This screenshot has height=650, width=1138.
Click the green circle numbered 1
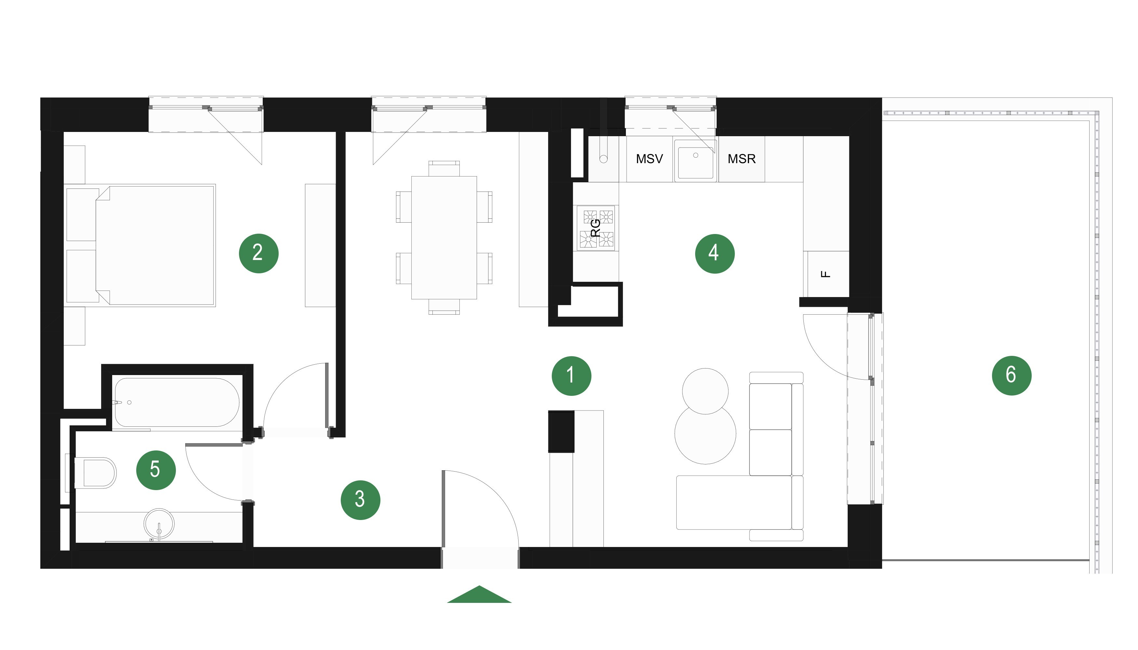click(571, 376)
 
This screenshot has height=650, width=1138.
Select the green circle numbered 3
click(361, 500)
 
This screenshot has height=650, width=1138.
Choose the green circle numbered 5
click(156, 470)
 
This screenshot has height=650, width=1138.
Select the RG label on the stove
click(596, 228)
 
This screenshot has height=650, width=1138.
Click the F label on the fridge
click(826, 274)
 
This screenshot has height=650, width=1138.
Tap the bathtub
click(177, 403)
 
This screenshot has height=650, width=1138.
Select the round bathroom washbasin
click(159, 524)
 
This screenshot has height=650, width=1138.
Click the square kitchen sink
click(695, 160)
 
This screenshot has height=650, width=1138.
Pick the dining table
click(444, 238)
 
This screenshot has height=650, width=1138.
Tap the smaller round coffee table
click(705, 391)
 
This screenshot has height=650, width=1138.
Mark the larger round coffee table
click(705, 434)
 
